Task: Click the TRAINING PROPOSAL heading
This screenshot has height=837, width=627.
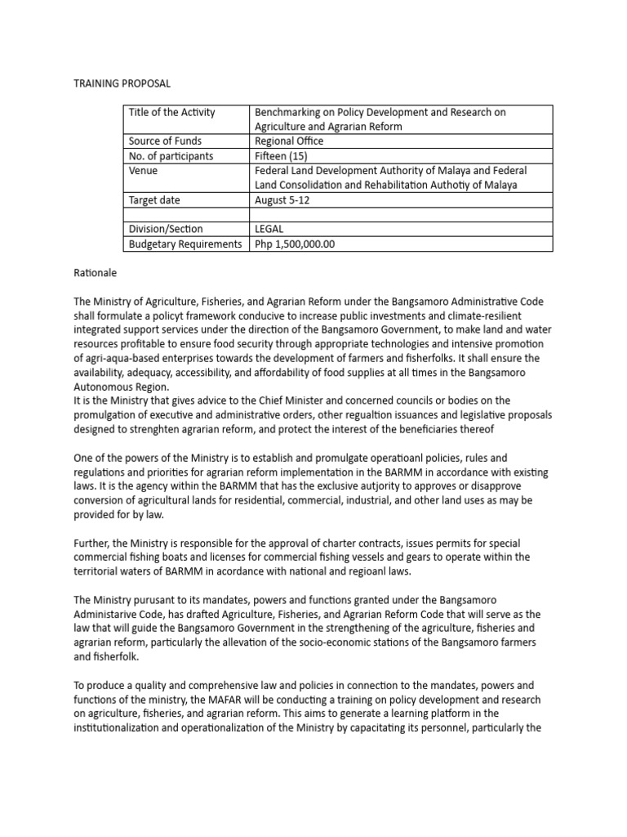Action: coord(122,83)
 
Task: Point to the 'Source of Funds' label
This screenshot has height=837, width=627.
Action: coord(166,141)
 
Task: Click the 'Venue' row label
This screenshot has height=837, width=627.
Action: coord(144,171)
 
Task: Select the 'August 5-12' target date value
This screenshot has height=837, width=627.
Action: coord(282,200)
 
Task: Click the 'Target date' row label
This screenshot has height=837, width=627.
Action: coord(154,200)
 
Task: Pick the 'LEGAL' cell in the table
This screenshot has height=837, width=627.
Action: coord(270,230)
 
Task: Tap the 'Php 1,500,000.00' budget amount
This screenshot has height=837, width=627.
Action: coord(296,244)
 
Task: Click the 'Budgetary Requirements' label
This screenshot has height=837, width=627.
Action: coord(185,244)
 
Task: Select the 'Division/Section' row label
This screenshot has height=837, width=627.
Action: coord(166,230)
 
